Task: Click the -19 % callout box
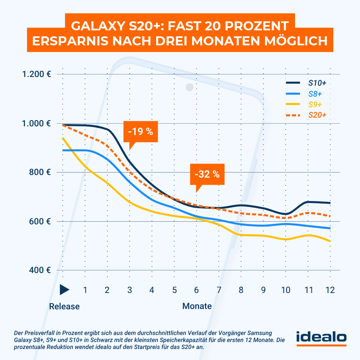coord(140,131)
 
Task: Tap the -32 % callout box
coord(207,174)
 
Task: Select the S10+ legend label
coord(317,83)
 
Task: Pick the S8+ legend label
coord(315,94)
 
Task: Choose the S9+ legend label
coord(315,105)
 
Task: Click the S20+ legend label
coord(317,115)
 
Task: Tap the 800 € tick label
coord(41,172)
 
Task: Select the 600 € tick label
coord(41,221)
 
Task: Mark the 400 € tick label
coord(41,270)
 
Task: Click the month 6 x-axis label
coord(196,290)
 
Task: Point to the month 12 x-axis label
coord(330,290)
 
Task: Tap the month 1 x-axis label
coord(85,290)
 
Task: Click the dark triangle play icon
coord(64,290)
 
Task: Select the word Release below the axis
coord(64,306)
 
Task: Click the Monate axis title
coord(197,306)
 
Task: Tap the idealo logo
coord(321,337)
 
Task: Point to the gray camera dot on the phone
coord(190,87)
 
